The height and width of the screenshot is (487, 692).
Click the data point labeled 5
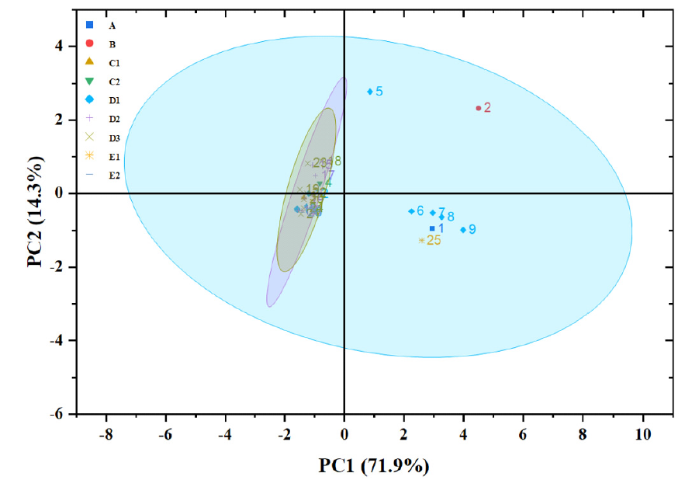(x=370, y=92)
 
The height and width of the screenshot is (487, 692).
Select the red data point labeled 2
(x=478, y=108)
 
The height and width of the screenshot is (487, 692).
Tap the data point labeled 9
(x=463, y=230)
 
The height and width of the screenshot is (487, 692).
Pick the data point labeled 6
(x=411, y=211)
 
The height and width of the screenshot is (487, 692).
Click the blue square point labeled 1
(x=432, y=228)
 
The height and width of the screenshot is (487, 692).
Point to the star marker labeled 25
(x=421, y=241)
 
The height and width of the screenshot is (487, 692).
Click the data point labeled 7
(x=433, y=213)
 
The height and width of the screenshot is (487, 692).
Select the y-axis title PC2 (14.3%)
(x=36, y=211)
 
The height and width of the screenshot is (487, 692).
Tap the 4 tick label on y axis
(x=58, y=46)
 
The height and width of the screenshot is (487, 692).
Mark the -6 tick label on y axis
(x=55, y=414)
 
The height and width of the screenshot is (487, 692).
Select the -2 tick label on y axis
(x=55, y=267)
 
